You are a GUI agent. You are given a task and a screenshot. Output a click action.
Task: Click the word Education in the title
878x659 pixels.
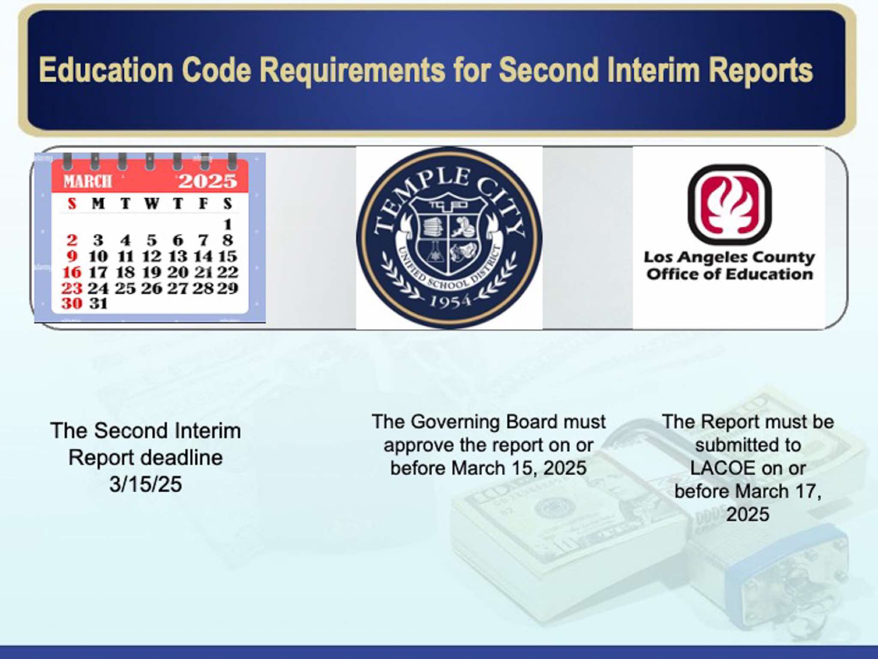pos(106,70)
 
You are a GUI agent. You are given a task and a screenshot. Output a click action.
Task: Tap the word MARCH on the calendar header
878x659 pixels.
pos(87,181)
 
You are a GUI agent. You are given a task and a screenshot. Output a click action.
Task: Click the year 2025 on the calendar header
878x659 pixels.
pos(207,181)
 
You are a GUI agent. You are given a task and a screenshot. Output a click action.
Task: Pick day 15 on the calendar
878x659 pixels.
pos(228,256)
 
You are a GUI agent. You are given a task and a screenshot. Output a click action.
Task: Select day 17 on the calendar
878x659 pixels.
pos(98,272)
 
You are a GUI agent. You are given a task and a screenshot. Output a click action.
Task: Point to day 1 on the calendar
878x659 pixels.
pos(228,224)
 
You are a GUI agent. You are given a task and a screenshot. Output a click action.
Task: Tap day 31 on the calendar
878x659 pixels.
pos(98,303)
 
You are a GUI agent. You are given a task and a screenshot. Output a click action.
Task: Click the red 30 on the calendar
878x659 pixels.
pos(72,303)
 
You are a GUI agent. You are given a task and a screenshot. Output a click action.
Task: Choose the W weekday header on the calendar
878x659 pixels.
pos(151,203)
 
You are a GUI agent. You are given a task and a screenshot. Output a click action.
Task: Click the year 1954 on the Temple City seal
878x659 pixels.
pos(450,302)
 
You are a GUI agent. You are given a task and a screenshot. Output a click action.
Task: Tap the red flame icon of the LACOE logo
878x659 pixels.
pos(730,205)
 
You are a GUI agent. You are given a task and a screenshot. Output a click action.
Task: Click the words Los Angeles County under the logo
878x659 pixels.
pos(729,257)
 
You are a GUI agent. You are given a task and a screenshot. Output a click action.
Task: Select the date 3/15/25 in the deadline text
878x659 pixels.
pos(145,484)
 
